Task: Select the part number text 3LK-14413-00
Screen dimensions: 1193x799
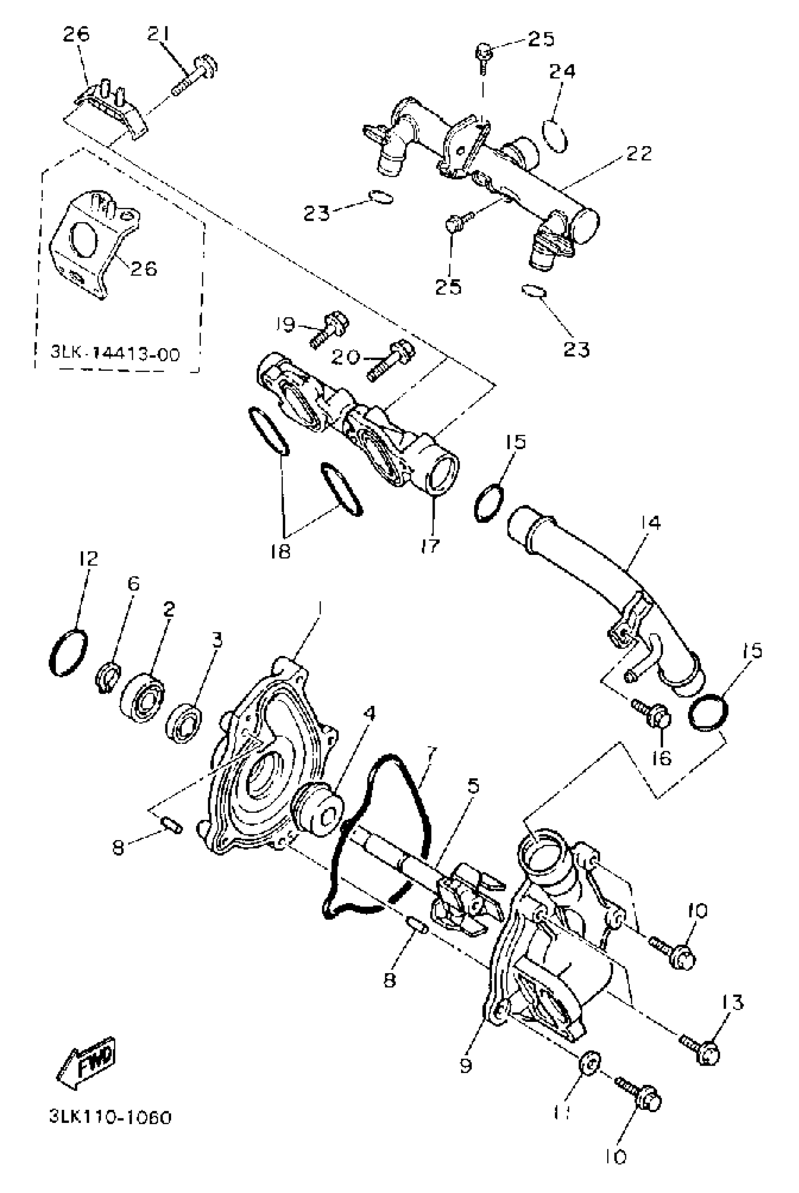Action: [x=115, y=353]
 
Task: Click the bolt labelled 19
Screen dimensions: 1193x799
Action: [x=329, y=329]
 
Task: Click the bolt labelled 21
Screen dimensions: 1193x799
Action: [x=196, y=75]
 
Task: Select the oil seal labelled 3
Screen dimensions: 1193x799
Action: [x=184, y=724]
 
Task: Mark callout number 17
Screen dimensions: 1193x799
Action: [x=431, y=546]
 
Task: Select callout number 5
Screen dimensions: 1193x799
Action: [x=473, y=786]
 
